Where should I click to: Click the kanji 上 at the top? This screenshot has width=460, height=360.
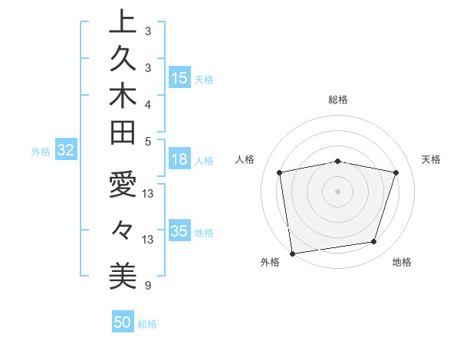tap(123, 21)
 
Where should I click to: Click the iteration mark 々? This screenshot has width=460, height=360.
tap(123, 229)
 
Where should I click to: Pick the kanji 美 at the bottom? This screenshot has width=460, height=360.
tap(123, 273)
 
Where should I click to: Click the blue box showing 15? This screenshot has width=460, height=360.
tap(179, 78)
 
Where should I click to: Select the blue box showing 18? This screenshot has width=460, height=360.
tap(179, 160)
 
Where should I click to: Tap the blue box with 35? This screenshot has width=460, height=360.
tap(179, 231)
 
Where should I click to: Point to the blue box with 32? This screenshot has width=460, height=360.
tap(66, 151)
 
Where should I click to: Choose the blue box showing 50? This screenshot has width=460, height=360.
tap(122, 322)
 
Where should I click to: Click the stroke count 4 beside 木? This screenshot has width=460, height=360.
tap(148, 103)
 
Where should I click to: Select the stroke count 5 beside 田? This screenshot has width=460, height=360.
tap(148, 141)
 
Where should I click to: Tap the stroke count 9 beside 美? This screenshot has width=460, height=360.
tap(148, 286)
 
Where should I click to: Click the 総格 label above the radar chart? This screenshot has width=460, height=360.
tap(338, 100)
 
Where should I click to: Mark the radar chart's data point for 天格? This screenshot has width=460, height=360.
tap(396, 172)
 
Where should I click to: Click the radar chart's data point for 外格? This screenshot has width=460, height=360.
tap(292, 253)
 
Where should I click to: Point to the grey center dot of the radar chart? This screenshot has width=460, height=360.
tap(338, 191)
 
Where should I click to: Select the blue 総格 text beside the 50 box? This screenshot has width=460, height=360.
tap(148, 324)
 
